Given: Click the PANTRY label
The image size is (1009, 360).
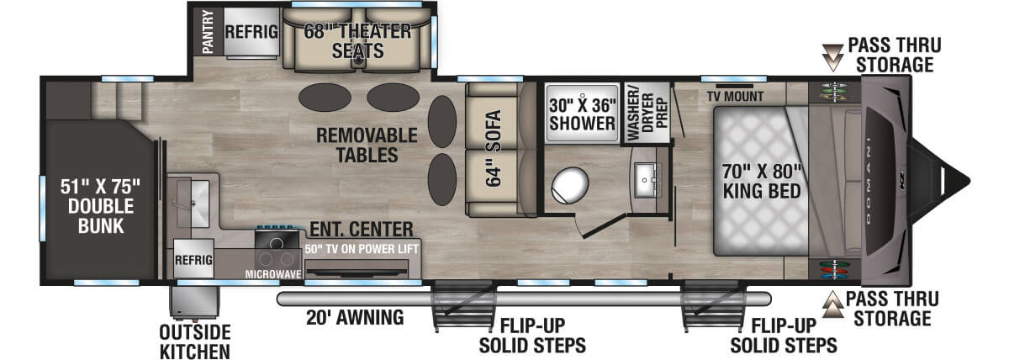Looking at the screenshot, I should tap(208, 32).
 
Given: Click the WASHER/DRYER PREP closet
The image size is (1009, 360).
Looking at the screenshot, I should tap(647, 114).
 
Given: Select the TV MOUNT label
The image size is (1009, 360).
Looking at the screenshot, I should tap(736, 96).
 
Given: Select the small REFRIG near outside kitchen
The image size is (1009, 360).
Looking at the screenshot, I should tap(193, 260).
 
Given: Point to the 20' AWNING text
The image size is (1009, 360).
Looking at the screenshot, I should tap(354, 318).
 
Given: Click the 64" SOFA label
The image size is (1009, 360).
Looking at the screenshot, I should tap(493, 150).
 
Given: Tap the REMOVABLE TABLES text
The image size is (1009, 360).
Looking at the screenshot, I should tap(367, 145).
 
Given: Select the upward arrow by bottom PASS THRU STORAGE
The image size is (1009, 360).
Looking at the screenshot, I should tap(832, 306).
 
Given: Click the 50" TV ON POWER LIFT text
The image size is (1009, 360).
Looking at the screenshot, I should tap(362, 249).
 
